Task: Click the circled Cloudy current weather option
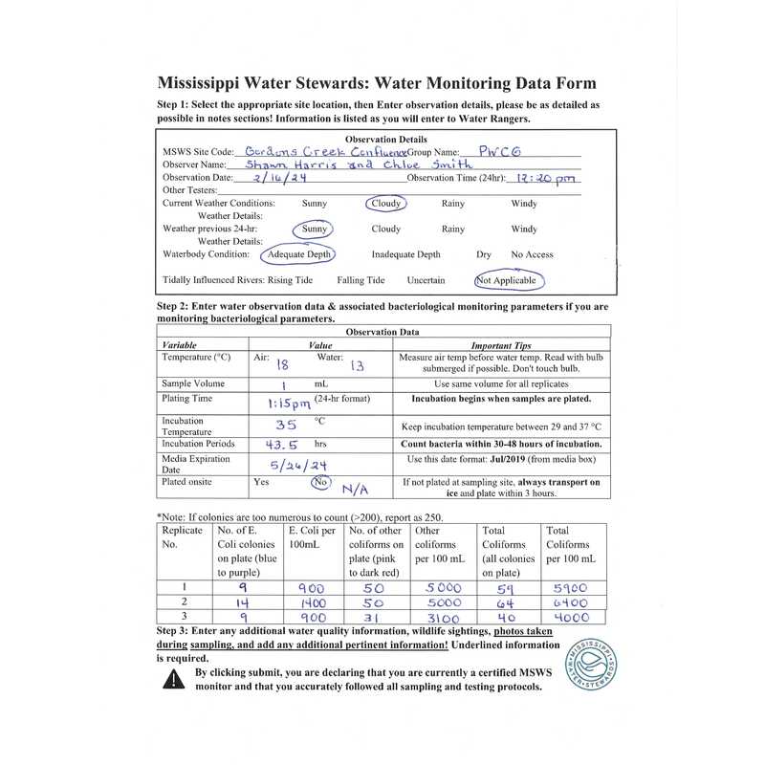pos(385,204)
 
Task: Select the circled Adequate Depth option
pos(299,254)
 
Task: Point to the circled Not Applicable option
pos(507,281)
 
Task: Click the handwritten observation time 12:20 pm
pos(546,178)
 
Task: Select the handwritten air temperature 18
pos(282,363)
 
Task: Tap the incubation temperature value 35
pos(286,426)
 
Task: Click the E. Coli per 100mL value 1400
pos(313,605)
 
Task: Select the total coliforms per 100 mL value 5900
pos(570,589)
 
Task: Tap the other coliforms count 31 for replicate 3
pos(372,620)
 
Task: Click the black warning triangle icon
pos(173,679)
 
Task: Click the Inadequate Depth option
pos(405,254)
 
